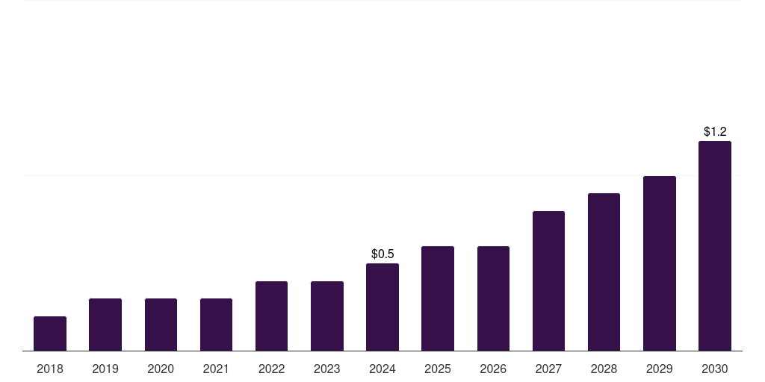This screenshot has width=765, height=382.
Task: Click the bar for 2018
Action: [x=50, y=334]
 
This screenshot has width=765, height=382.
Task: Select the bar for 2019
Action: [x=105, y=325]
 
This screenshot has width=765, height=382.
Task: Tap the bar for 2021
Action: [x=216, y=325]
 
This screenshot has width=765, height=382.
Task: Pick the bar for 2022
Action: [x=271, y=316]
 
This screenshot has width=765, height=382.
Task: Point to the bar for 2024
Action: [x=382, y=307]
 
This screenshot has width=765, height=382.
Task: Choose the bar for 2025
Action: [x=438, y=298]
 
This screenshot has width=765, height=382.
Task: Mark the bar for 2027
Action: [x=548, y=281]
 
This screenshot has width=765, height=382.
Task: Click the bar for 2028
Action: [x=604, y=272]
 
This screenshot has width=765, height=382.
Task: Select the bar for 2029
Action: [x=660, y=263]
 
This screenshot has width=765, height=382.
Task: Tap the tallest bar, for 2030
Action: [x=715, y=245]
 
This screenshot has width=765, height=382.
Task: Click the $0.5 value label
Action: [x=382, y=254]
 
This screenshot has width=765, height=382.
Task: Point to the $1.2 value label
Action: [x=715, y=132]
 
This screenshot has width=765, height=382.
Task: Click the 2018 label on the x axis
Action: [x=50, y=369]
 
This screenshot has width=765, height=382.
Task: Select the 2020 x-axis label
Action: [x=161, y=369]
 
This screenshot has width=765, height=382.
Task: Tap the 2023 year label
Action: [x=327, y=369]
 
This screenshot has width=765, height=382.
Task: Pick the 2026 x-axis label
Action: [x=493, y=369]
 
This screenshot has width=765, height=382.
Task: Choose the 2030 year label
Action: [x=715, y=369]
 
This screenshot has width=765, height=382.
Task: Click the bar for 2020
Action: [x=161, y=325]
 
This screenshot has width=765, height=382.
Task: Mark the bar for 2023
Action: [x=327, y=316]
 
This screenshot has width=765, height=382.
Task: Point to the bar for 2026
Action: [x=493, y=298]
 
